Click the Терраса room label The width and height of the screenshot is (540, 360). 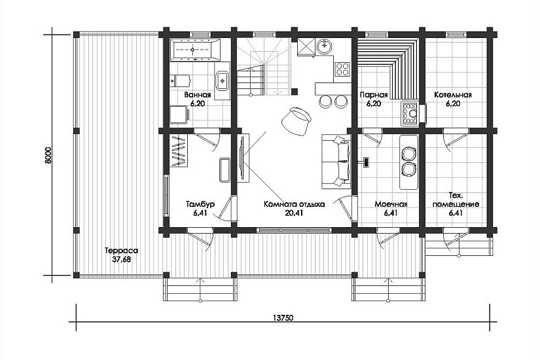tap(121, 251)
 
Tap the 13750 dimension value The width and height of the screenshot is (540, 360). tap(283, 317)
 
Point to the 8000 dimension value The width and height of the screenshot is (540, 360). tap(48, 156)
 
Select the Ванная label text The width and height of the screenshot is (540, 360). tap(197, 95)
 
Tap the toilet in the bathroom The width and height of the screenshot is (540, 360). tap(181, 81)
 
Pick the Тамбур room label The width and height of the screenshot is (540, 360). tap(200, 204)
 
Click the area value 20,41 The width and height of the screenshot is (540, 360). tap(294, 213)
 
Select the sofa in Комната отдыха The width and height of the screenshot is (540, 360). tap(336, 162)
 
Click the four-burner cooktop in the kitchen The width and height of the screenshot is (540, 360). tap(342, 68)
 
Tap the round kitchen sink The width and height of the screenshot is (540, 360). tap(324, 46)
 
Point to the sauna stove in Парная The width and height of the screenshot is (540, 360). tap(410, 113)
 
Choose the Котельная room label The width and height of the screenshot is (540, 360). tap(453, 95)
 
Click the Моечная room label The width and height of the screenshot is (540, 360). tap(391, 204)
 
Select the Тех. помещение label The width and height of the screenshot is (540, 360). tap(456, 200)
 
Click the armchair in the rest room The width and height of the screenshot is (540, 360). tap(296, 121)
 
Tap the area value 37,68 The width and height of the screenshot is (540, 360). tap(122, 259)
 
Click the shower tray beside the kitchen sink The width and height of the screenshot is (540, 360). tap(306, 47)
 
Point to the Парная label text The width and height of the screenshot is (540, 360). tap(374, 95)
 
